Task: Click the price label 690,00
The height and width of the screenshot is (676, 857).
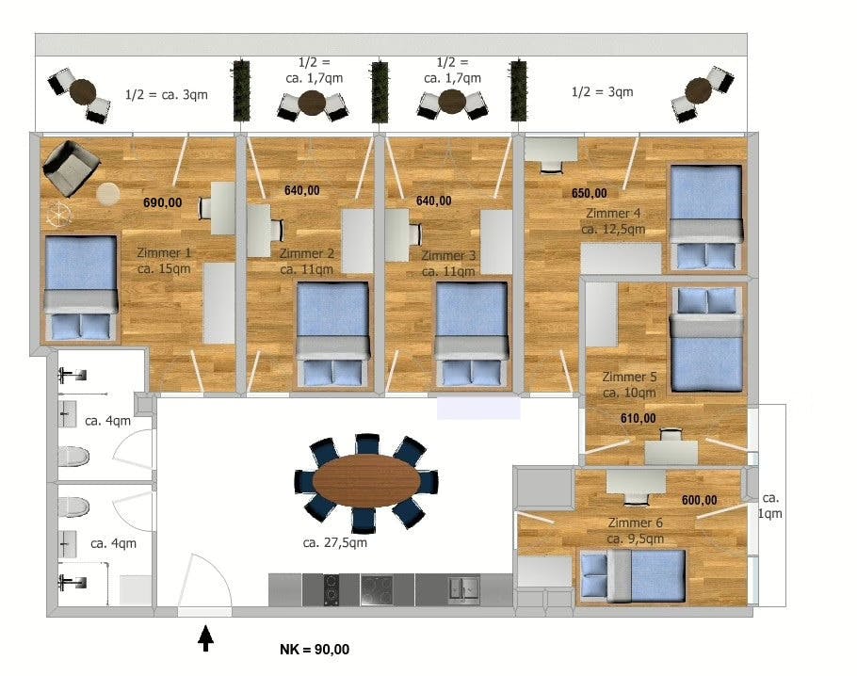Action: tap(161, 202)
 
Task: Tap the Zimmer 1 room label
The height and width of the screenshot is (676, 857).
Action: tap(165, 261)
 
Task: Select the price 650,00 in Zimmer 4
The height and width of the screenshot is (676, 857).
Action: tap(590, 193)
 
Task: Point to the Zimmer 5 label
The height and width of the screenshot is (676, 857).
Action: tap(629, 385)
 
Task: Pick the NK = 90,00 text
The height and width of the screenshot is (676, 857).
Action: tap(315, 650)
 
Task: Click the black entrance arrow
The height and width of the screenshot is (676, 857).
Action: tap(205, 640)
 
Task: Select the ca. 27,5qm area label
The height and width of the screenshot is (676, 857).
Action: tap(334, 542)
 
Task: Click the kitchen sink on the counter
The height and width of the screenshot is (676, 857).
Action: tap(463, 589)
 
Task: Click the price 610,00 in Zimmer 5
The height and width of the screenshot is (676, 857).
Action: tap(638, 418)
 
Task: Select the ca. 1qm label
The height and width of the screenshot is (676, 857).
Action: tap(771, 506)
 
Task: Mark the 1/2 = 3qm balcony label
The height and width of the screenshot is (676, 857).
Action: tap(603, 91)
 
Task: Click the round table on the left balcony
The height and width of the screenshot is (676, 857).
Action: tap(83, 91)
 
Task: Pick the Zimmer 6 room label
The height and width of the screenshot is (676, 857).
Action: tap(636, 531)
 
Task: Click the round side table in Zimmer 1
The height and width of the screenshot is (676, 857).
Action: tap(107, 193)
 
